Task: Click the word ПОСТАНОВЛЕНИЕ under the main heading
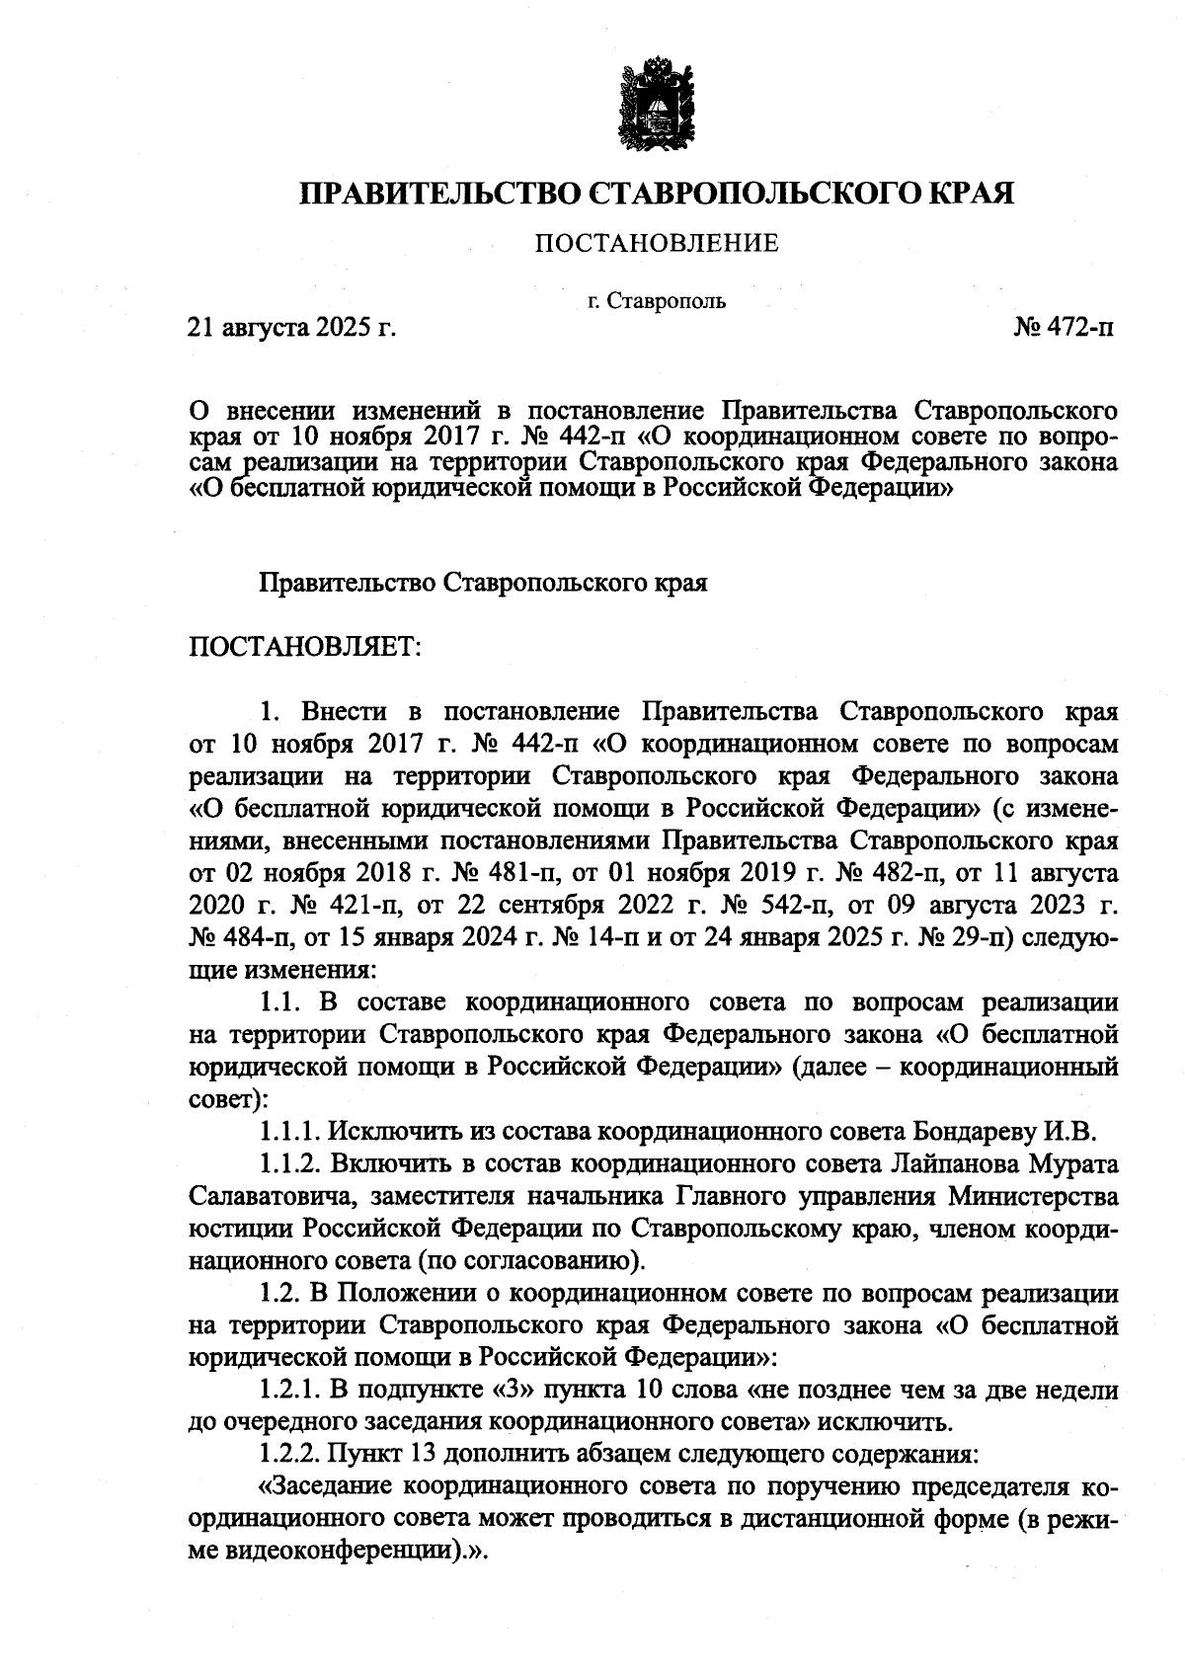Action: (x=656, y=243)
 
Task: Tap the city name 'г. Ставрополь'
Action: (x=656, y=300)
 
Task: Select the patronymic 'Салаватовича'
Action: (x=257, y=1196)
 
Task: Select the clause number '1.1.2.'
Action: (x=290, y=1163)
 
